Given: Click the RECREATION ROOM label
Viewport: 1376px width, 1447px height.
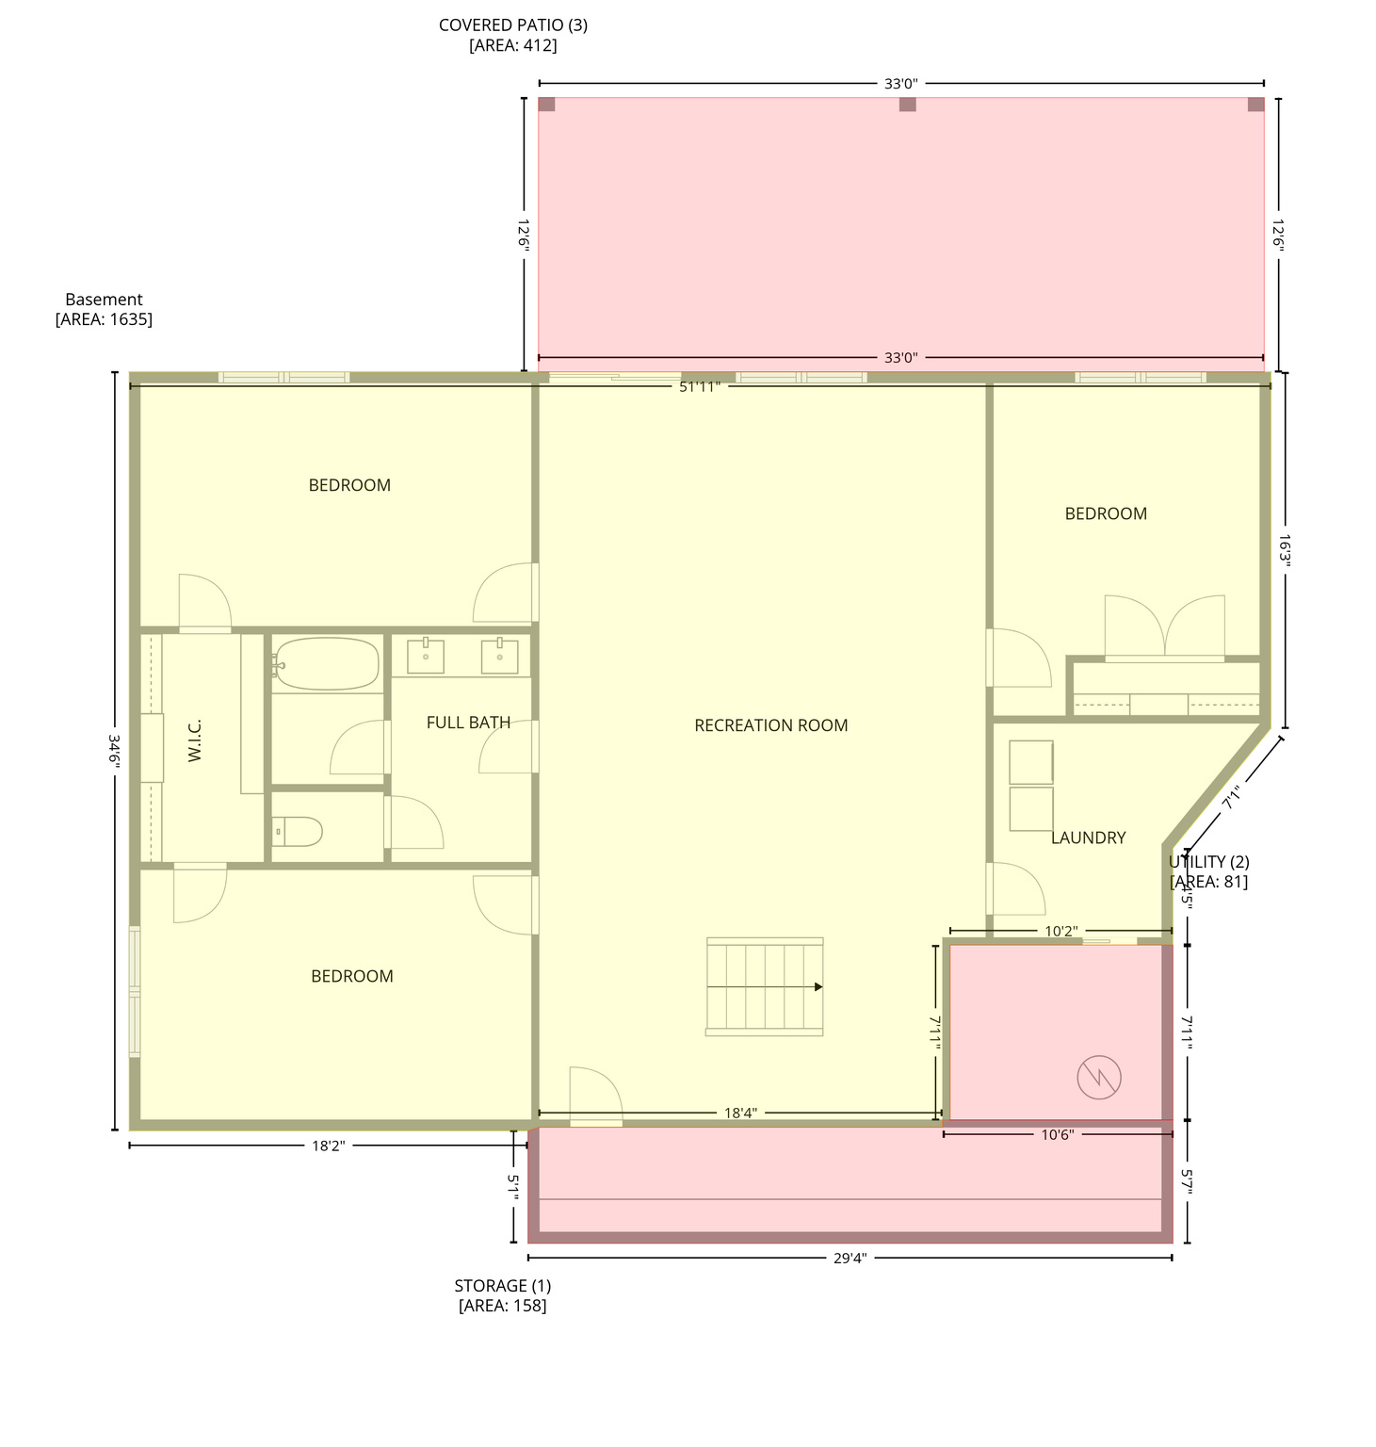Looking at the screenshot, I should click(770, 725).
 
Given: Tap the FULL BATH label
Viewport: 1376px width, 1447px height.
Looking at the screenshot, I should click(468, 723).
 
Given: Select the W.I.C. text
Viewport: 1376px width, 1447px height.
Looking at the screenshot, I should click(195, 740).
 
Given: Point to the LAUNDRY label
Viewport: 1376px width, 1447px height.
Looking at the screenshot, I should click(1088, 837).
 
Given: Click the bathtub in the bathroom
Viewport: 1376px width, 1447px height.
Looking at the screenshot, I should click(326, 664).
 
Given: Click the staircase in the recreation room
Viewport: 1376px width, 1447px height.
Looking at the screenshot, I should click(764, 986).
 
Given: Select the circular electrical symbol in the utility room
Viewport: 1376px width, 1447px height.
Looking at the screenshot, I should click(1099, 1077).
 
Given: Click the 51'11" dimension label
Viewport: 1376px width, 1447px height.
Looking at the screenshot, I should click(700, 386).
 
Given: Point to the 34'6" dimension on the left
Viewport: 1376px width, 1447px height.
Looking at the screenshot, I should click(115, 751).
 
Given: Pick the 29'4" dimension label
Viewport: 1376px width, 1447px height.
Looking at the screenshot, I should click(850, 1258).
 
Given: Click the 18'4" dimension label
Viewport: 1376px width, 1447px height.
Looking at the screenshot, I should click(740, 1114).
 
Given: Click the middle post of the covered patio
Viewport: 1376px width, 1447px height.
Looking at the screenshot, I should click(907, 105).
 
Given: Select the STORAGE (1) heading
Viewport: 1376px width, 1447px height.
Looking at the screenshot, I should click(502, 1286).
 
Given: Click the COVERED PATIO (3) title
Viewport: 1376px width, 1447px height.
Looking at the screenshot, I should click(513, 25).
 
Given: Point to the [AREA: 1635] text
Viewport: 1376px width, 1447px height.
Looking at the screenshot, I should click(104, 319).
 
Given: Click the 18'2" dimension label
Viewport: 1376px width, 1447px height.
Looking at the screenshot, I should click(329, 1146).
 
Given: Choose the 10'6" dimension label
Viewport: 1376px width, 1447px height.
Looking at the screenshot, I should click(1057, 1135).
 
